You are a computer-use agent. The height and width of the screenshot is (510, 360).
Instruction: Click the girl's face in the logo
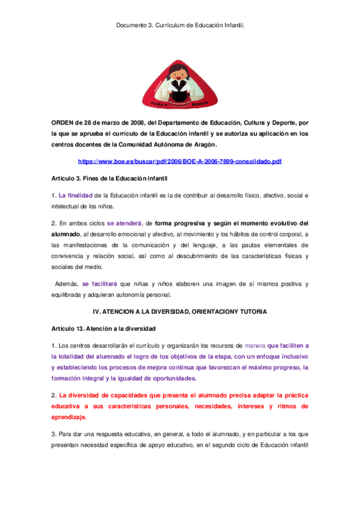179,74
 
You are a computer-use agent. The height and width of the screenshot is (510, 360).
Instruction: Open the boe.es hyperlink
180,162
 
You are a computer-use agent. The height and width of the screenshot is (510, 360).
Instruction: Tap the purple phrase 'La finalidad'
75,196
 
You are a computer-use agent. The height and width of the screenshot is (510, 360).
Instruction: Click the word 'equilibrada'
69,294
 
